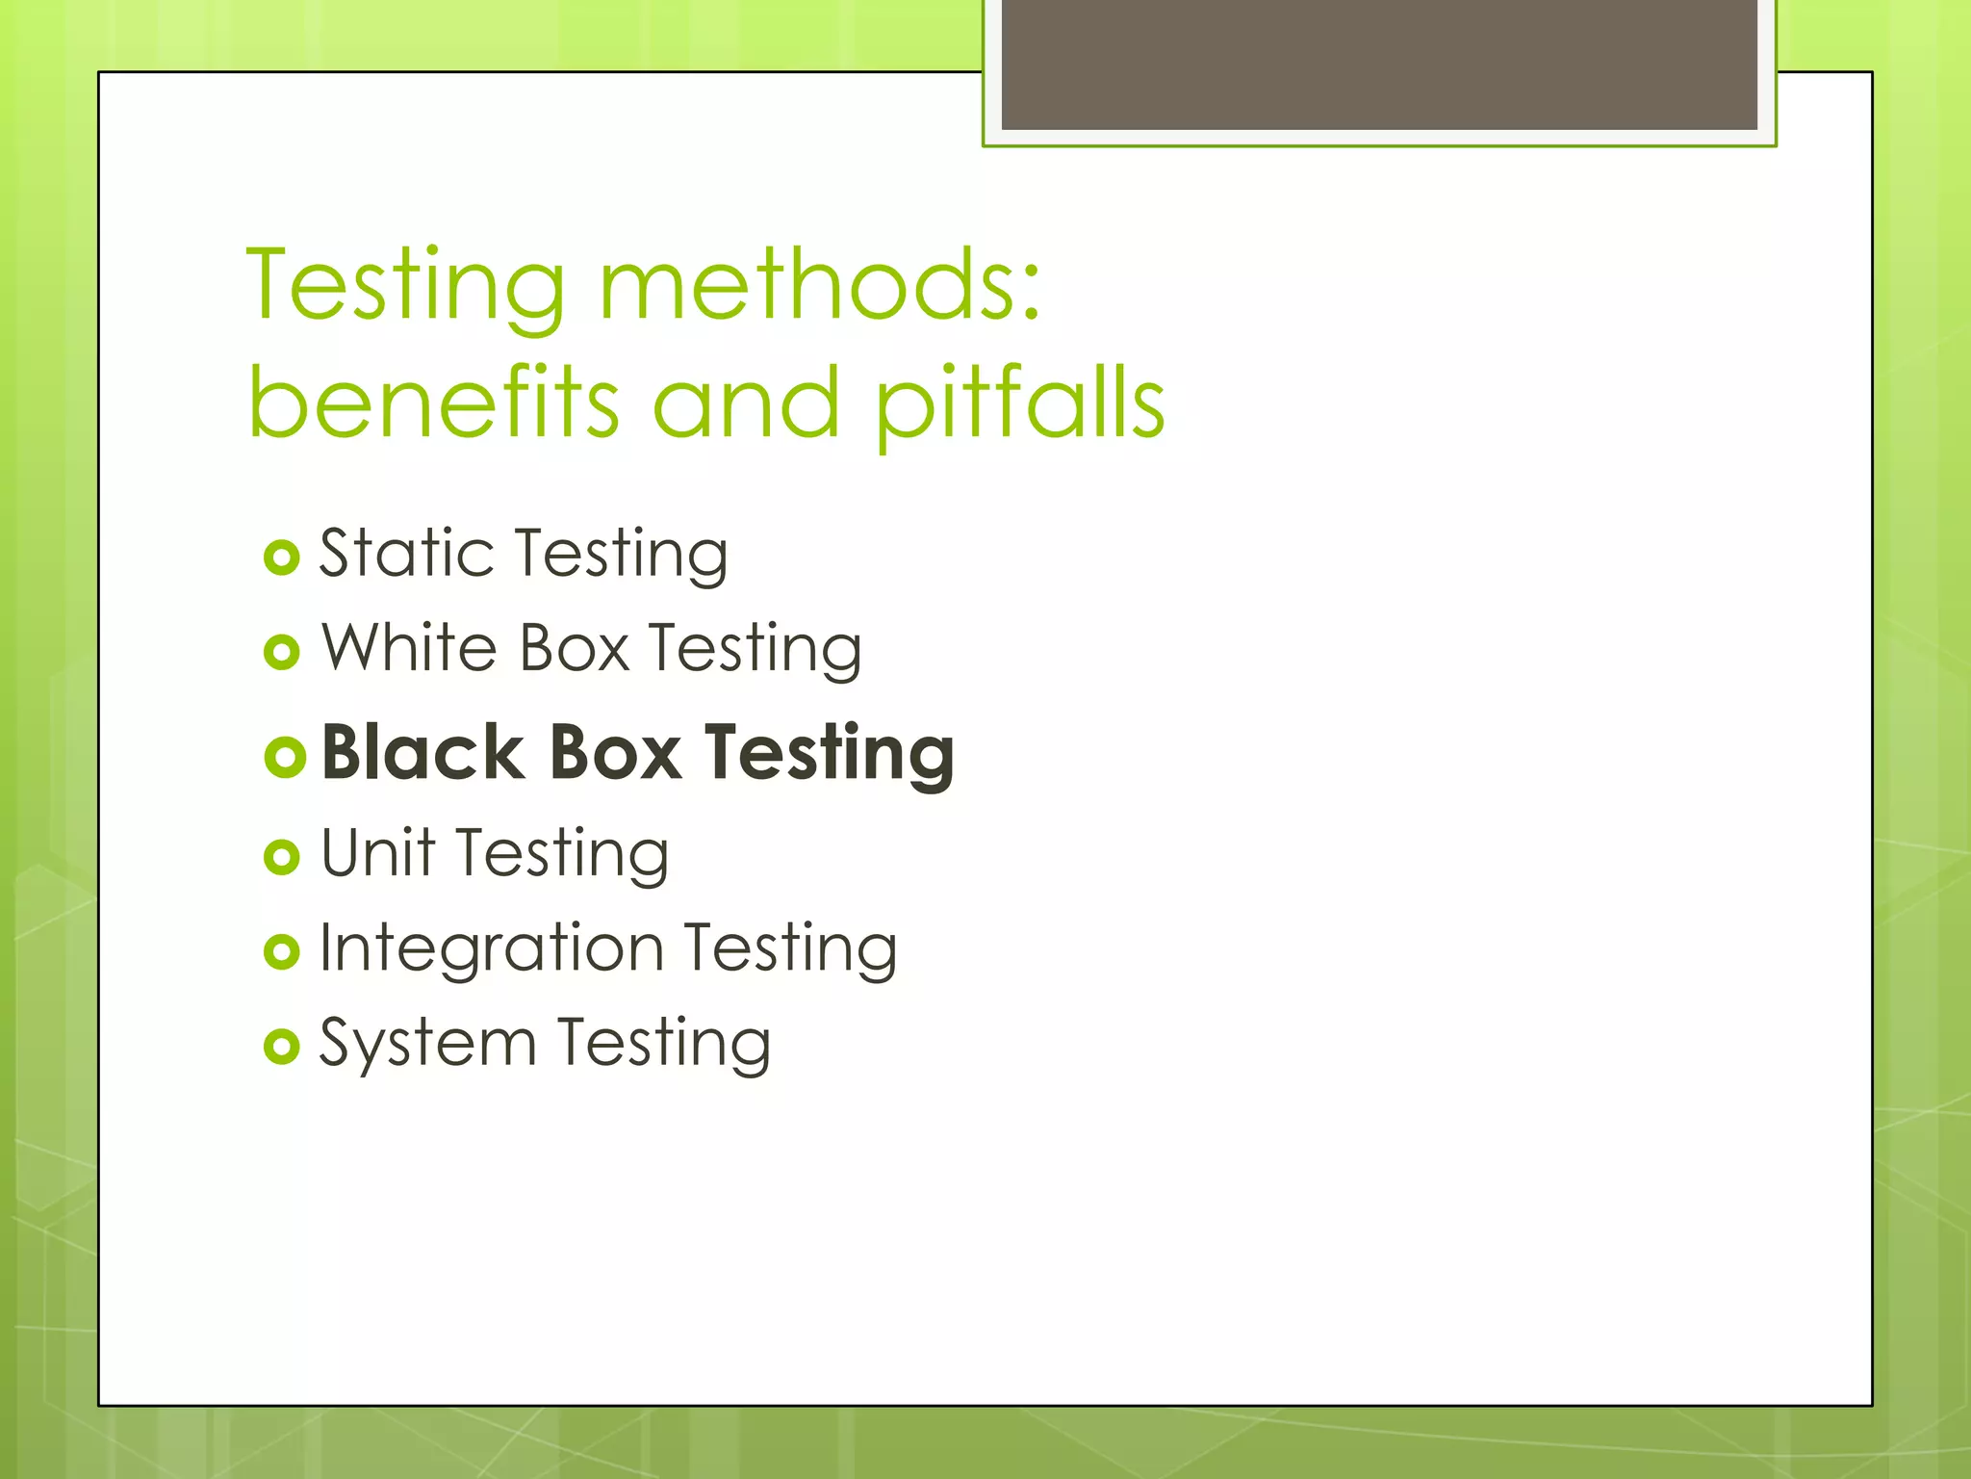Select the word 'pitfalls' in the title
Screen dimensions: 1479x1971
click(1020, 404)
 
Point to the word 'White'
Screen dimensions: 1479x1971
click(409, 647)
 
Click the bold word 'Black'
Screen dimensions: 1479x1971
click(423, 752)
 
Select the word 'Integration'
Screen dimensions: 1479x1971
click(491, 948)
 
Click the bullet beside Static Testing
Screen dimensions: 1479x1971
click(281, 558)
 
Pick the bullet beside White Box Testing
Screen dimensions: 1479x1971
click(281, 653)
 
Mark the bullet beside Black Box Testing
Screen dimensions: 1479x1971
click(284, 757)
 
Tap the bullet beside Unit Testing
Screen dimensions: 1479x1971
click(281, 856)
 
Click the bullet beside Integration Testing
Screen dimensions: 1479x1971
click(281, 951)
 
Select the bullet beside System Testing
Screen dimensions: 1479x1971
click(281, 1047)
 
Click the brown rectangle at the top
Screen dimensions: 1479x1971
click(1378, 64)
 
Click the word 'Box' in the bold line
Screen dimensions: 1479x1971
click(615, 752)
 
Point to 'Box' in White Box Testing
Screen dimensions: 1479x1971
click(574, 647)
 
